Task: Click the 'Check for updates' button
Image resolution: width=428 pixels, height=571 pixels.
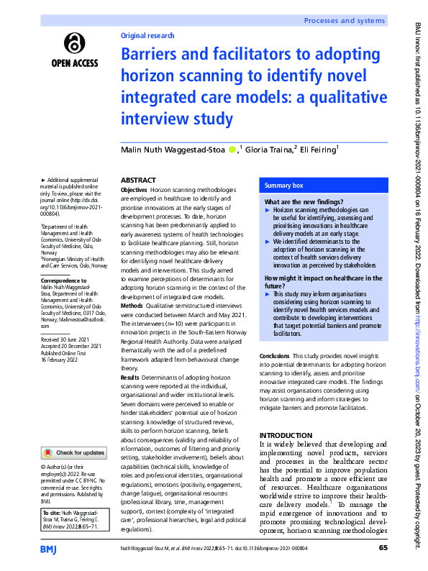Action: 74,452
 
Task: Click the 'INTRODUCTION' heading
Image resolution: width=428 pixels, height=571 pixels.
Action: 287,435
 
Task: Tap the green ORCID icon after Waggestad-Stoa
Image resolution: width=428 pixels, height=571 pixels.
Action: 232,150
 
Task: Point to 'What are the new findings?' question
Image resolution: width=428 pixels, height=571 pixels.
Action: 304,202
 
